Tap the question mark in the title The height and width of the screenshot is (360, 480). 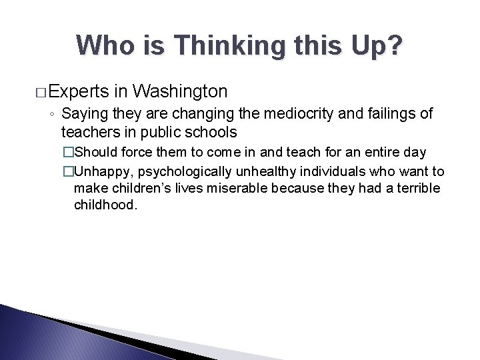[395, 45]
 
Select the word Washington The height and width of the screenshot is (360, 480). [180, 91]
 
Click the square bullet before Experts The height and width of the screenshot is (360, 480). [40, 91]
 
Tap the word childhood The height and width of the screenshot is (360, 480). [104, 205]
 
